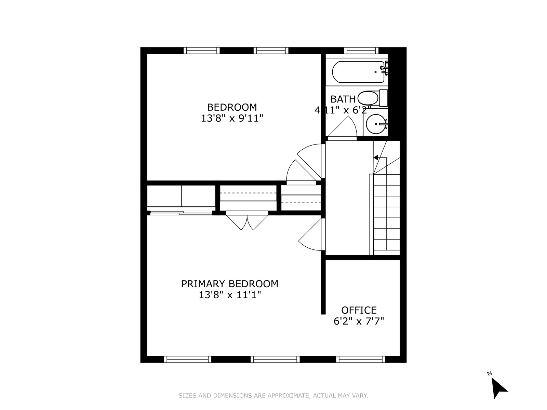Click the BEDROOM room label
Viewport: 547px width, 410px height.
232,107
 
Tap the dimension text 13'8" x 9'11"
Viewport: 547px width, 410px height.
232,119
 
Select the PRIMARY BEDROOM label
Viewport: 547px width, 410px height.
229,284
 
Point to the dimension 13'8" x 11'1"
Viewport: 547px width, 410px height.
230,295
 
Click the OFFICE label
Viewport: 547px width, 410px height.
359,310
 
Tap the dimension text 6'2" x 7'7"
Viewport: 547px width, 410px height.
359,321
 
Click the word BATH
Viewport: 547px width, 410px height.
343,99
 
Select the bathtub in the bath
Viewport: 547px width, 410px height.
358,72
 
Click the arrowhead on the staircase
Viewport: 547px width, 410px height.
376,158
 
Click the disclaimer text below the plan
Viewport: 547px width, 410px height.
273,396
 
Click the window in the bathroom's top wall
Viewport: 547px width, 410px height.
361,51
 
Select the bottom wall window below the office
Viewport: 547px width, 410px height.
360,359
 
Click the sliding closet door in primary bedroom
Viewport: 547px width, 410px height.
181,213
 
